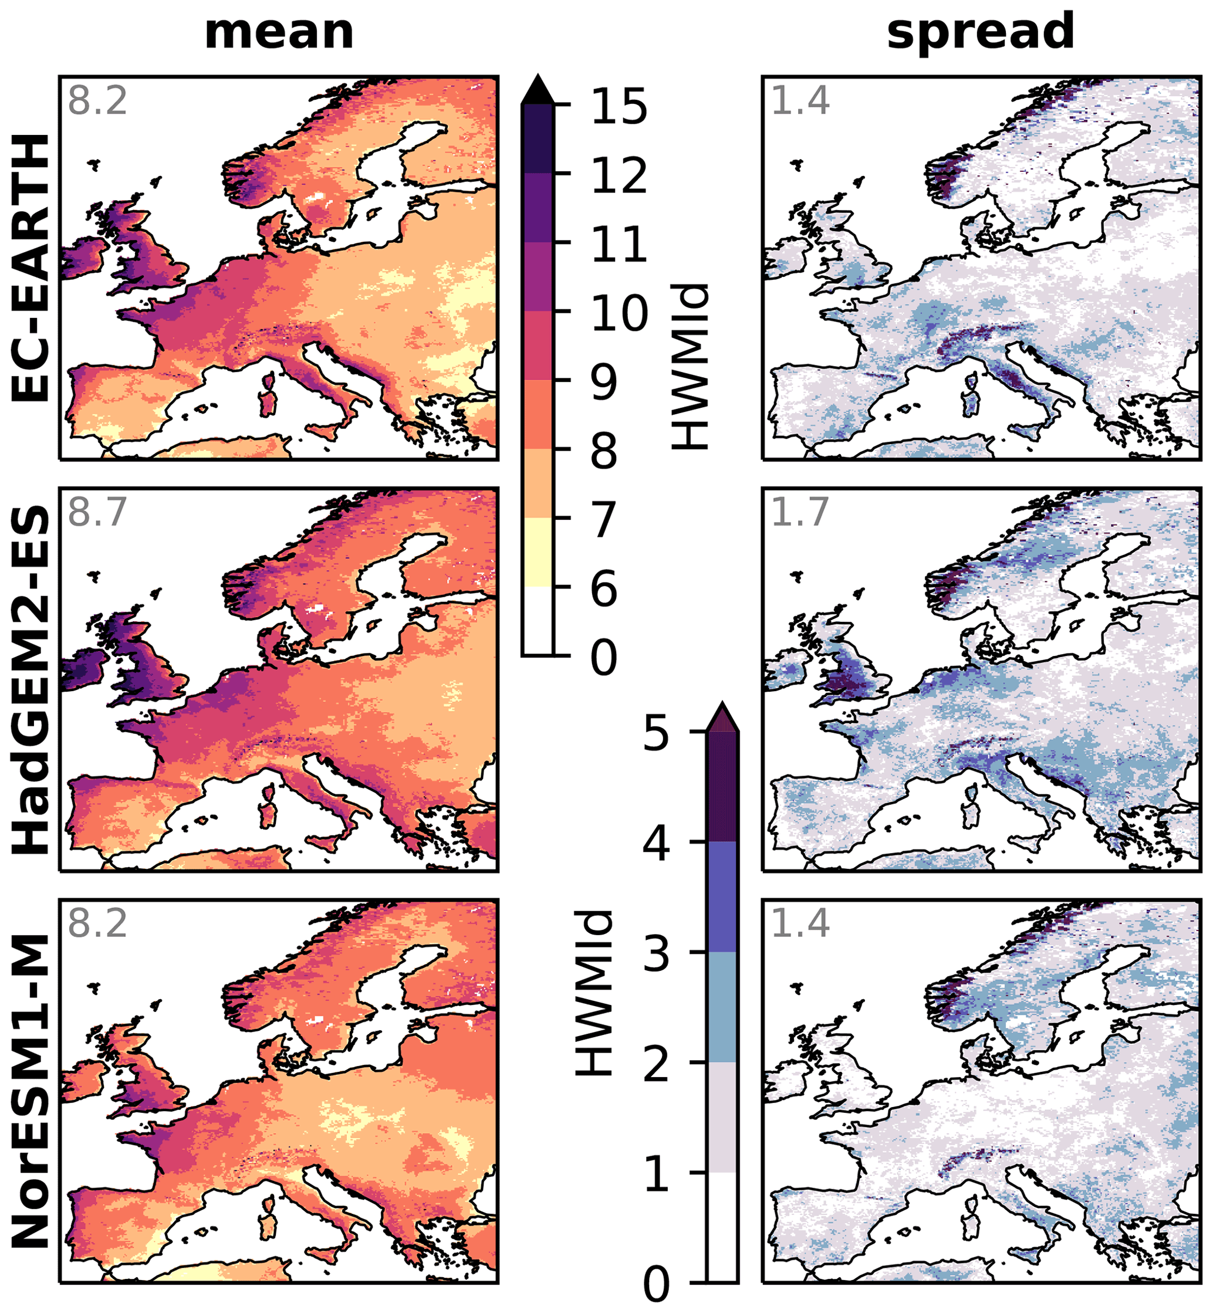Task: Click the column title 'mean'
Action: tap(279, 33)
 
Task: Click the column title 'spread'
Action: tap(980, 33)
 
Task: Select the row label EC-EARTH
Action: tap(31, 268)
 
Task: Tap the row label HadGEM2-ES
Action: tap(31, 680)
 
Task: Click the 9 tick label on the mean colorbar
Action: tap(604, 381)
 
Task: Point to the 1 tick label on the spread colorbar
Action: tap(657, 1174)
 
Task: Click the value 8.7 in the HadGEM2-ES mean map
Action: tap(97, 512)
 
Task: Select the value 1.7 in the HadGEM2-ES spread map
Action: tap(800, 512)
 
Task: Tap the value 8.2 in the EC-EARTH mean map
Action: tap(97, 100)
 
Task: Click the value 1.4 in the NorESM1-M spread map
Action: tap(800, 923)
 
